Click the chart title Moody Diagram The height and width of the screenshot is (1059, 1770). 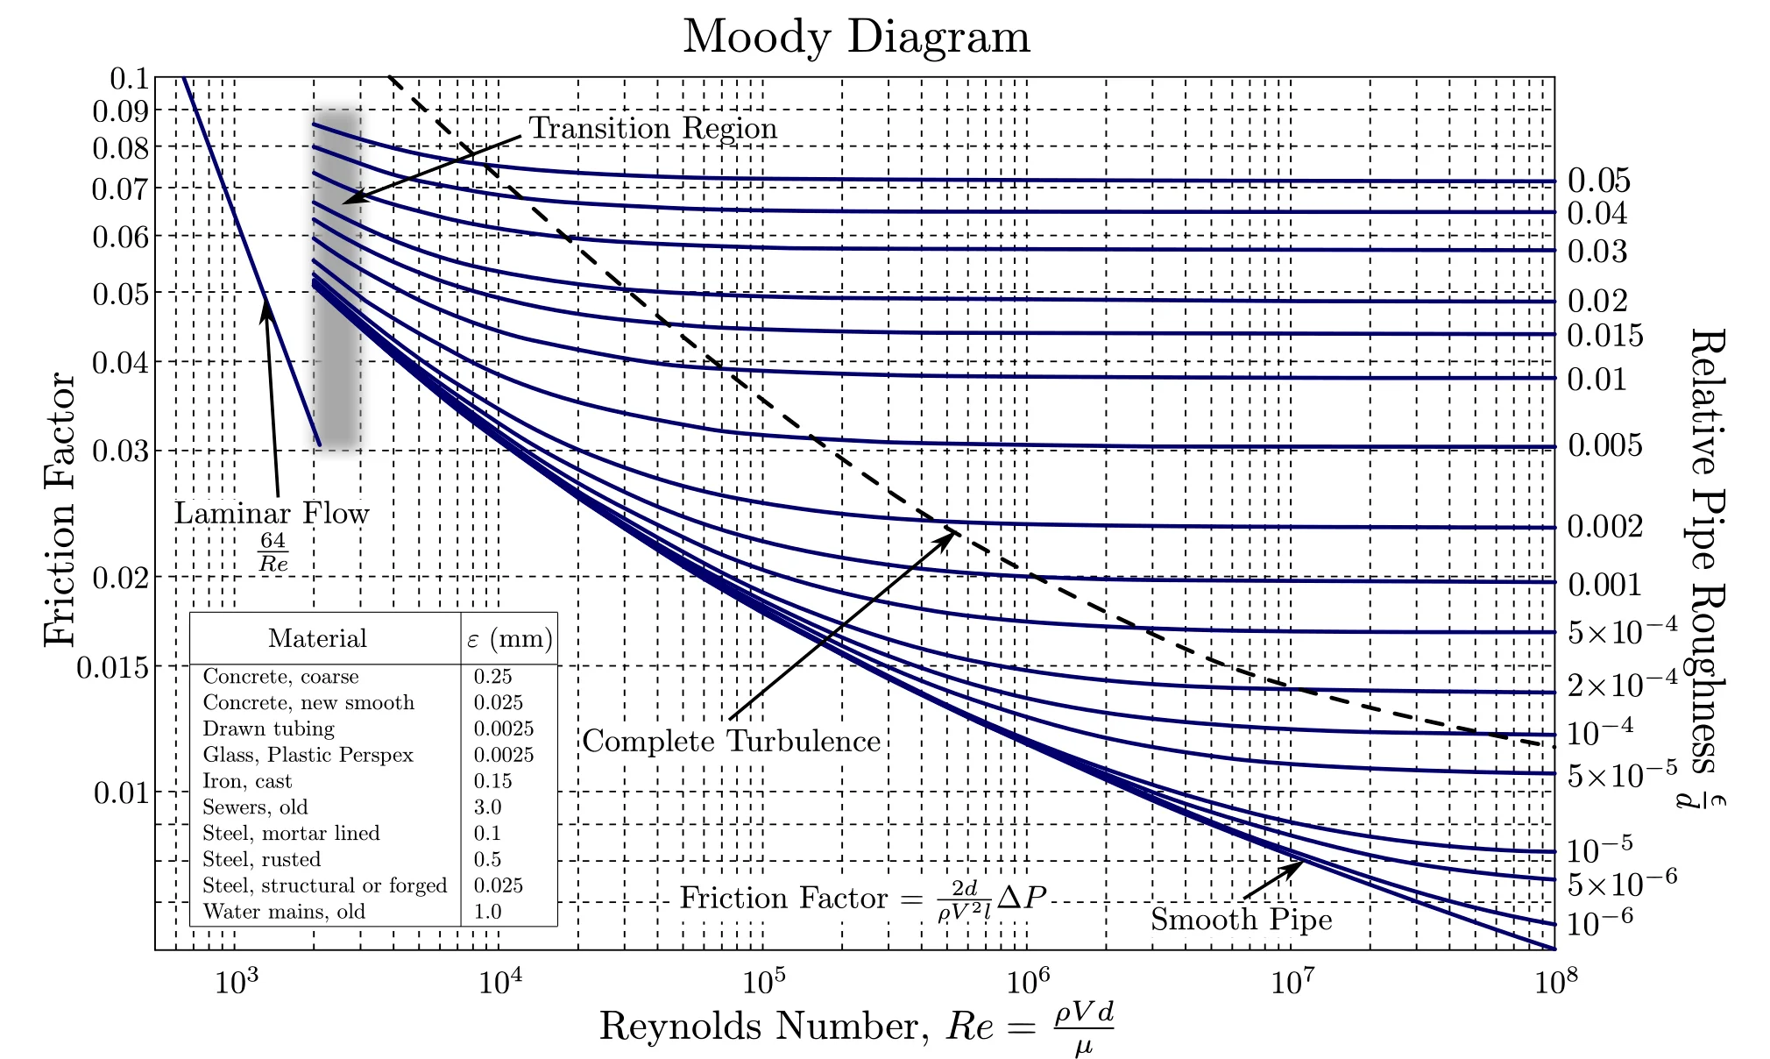856,37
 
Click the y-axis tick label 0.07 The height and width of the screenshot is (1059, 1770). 120,188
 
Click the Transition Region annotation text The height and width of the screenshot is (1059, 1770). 653,128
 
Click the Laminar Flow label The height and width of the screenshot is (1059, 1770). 272,514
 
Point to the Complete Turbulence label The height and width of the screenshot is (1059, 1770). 731,742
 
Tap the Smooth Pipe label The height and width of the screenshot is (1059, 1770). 1241,920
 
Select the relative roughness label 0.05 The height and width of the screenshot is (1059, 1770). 1598,181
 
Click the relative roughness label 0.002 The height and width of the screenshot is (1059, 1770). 1604,527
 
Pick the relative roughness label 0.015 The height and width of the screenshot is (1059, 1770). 1604,336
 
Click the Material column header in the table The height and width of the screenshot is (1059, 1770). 317,638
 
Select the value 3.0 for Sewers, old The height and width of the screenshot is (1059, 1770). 487,807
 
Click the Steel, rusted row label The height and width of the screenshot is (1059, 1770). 261,859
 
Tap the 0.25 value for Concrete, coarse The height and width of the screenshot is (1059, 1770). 492,677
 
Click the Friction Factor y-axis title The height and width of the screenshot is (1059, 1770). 60,509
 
